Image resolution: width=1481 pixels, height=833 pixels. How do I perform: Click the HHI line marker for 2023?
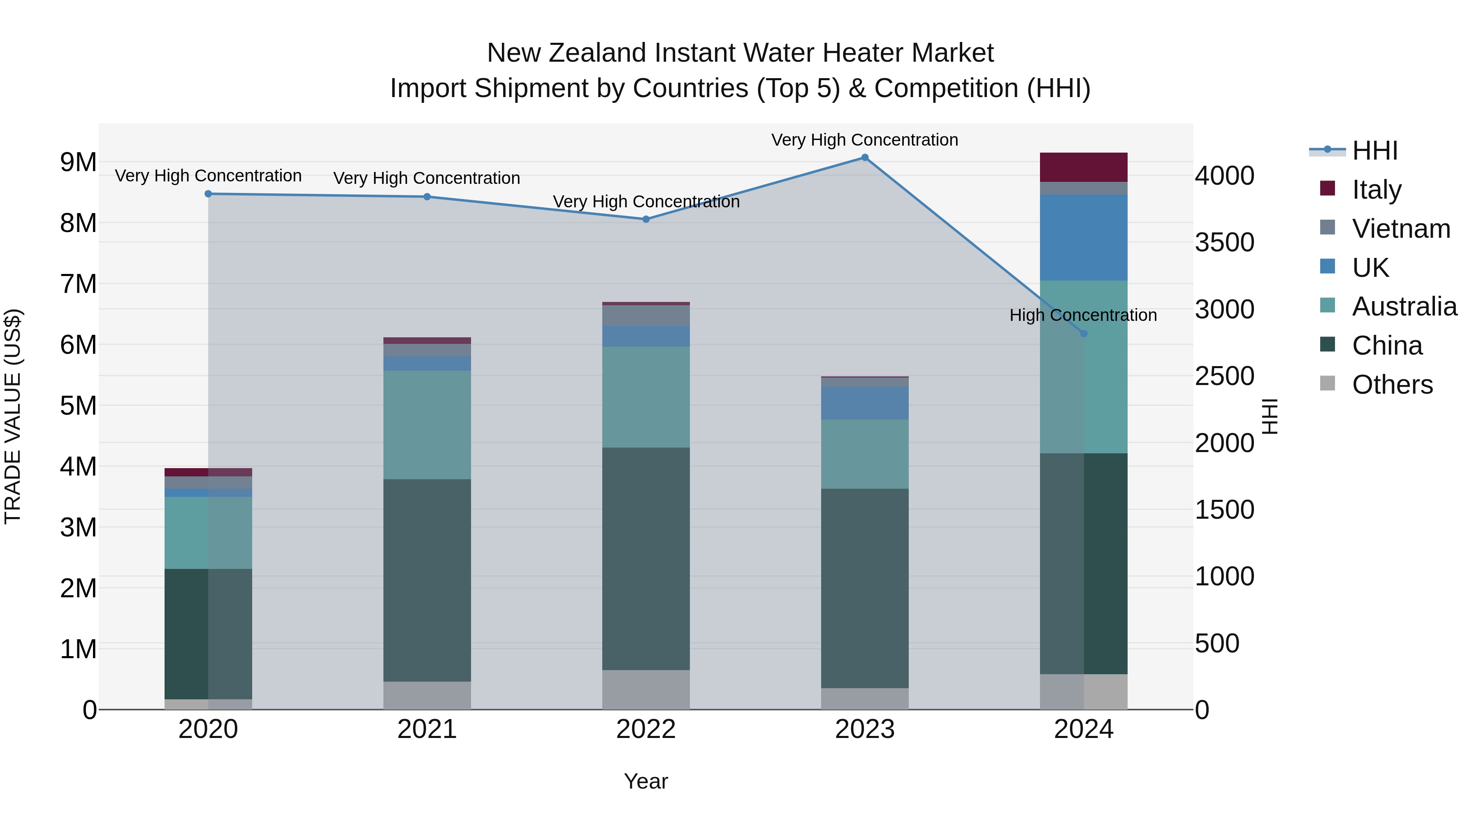click(865, 158)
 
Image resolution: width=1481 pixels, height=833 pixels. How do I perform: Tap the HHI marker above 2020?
click(208, 194)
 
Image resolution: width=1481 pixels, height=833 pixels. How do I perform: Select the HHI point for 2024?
click(1084, 334)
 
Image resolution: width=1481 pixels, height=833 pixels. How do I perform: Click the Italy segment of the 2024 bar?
click(1084, 167)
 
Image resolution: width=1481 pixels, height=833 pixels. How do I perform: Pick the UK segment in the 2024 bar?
click(1084, 237)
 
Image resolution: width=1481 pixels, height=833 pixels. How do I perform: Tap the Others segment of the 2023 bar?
click(865, 698)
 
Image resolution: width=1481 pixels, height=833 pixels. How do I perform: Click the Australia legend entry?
click(1404, 306)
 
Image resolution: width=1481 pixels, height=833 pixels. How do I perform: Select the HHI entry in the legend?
click(1374, 151)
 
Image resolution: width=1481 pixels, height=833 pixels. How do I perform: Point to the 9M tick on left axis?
click(78, 162)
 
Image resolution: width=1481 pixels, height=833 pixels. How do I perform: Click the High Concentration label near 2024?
click(1083, 315)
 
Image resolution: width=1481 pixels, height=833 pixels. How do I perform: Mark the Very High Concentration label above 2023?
click(865, 140)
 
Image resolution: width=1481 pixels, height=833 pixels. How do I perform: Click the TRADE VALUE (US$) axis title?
click(13, 416)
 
